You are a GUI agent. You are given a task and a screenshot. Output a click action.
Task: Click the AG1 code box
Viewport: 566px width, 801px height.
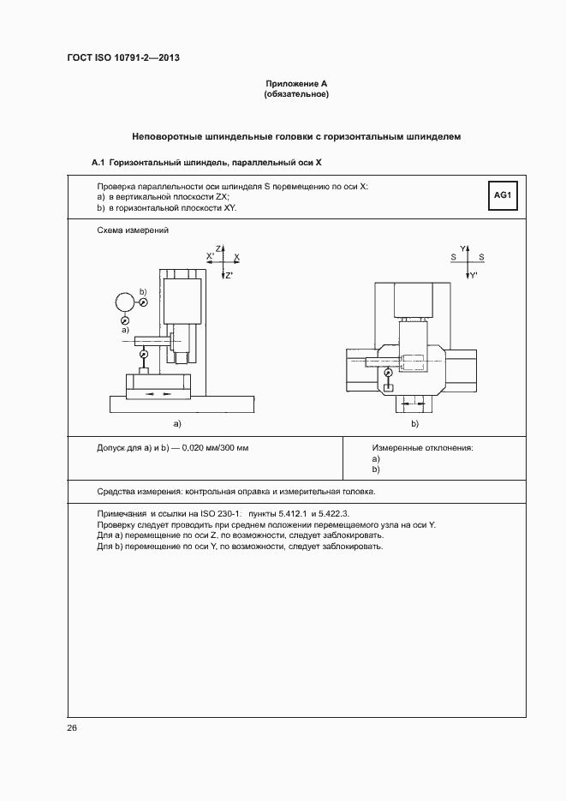503,196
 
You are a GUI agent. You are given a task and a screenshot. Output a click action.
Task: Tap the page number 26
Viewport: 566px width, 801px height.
72,727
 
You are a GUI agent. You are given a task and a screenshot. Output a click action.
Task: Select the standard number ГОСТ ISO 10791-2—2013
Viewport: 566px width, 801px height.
124,58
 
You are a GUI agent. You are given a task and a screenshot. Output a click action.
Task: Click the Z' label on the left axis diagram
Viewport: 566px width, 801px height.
229,275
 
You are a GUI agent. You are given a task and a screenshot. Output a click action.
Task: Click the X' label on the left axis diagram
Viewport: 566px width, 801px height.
211,256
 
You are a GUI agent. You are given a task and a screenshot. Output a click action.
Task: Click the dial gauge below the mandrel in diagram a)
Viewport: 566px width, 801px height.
144,354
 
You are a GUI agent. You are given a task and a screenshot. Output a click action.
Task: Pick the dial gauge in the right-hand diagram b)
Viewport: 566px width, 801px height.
389,373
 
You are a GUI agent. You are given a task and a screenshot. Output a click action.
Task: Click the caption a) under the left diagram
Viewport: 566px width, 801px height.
177,423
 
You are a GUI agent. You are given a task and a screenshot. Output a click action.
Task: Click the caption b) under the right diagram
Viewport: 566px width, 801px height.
414,423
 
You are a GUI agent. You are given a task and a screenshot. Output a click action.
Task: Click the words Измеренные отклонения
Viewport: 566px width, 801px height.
422,448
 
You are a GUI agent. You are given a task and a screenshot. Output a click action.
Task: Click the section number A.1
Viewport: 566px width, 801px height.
98,162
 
